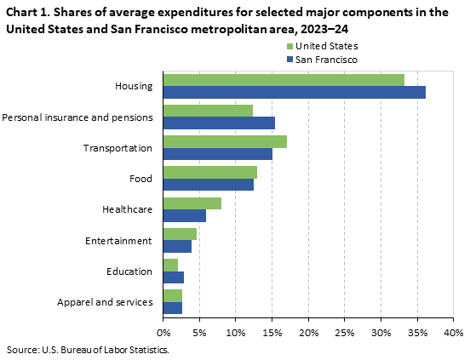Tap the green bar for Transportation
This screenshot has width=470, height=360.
click(x=225, y=141)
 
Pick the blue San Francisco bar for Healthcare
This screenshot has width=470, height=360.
click(x=184, y=215)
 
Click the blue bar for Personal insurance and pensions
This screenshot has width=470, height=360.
click(x=219, y=123)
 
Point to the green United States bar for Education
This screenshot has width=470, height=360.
click(x=170, y=265)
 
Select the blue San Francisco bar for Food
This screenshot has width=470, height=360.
click(x=208, y=185)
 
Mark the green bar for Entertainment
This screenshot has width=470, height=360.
click(x=180, y=234)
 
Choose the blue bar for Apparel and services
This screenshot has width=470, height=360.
click(x=172, y=307)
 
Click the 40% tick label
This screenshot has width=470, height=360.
click(x=453, y=331)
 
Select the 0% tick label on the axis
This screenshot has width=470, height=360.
click(x=163, y=331)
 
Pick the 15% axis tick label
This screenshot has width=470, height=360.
click(x=272, y=331)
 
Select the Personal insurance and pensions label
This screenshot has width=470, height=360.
click(x=77, y=117)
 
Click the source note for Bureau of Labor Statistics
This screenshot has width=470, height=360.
click(x=88, y=349)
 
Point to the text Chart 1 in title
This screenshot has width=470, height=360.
click(x=27, y=13)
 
